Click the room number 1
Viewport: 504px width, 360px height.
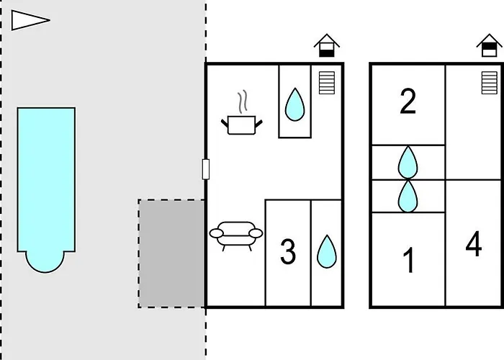(409, 261)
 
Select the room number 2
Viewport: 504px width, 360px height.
(408, 101)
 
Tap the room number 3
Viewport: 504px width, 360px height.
(288, 252)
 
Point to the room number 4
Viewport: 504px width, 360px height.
(474, 243)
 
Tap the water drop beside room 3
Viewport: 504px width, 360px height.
(327, 251)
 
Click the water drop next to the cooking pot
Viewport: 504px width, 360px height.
(294, 104)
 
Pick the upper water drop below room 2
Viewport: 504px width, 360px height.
(408, 162)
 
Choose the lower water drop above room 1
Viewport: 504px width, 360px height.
(408, 196)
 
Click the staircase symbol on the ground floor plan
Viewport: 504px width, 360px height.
(327, 83)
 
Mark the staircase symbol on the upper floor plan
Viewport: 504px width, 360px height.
(489, 83)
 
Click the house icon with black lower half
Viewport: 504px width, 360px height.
(327, 45)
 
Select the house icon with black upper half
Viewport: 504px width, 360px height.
(489, 45)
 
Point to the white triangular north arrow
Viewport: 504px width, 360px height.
(30, 20)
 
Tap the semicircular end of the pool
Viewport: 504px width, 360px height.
(45, 262)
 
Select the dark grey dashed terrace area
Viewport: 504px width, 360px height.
(171, 253)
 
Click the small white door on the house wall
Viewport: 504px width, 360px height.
(206, 169)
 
